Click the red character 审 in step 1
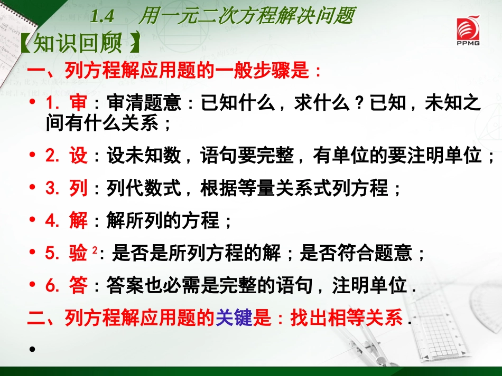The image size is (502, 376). point(78,103)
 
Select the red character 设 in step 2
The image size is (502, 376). point(78,156)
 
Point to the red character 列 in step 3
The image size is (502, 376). point(78,188)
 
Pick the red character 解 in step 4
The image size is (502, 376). point(78,220)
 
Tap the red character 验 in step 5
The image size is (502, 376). point(78,253)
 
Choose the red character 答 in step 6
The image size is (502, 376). point(78,285)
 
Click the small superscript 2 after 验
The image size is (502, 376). point(95,250)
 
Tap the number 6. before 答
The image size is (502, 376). point(53,285)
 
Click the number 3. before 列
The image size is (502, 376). point(53,188)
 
